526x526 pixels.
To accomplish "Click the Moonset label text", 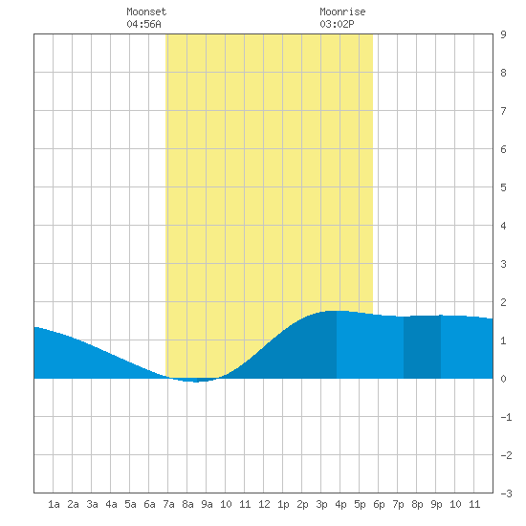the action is coord(146,12).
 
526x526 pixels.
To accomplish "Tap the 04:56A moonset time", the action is coord(143,24).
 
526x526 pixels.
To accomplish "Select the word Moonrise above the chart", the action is coord(342,12).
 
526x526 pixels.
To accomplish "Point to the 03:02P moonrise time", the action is coord(337,24).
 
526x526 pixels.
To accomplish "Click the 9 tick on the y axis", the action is coord(503,34).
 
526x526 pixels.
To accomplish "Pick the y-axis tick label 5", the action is coord(503,187).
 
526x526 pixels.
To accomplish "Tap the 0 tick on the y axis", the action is coord(503,379).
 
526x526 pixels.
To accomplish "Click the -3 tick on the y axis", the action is coord(506,493).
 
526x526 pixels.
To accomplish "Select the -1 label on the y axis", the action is coord(506,417).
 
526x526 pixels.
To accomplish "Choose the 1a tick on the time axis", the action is coord(54,504).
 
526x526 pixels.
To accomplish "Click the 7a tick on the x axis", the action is coord(168,504).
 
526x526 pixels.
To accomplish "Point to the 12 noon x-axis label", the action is coord(264,504).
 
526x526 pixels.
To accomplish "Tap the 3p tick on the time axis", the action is coord(321,504).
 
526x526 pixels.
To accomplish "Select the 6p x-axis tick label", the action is coord(379,504).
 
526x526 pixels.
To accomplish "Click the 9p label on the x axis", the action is coord(436,504).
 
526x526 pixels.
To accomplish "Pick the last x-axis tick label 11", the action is coord(474,504).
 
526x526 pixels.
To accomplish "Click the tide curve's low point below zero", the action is coord(196,382).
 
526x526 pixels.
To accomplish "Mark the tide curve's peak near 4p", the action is coord(338,312).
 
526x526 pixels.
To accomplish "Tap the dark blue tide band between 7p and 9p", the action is coord(422,347).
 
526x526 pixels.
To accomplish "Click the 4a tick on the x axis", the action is coord(111,504).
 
